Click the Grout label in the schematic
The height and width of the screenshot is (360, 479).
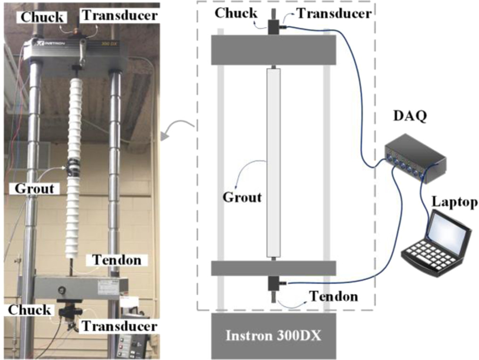[242, 196]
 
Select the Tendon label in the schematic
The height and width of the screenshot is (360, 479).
[333, 297]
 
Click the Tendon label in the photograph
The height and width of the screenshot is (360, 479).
[117, 260]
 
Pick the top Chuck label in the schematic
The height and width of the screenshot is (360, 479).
[236, 13]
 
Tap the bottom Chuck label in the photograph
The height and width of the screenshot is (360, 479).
[29, 309]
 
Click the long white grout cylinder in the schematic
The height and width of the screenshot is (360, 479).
[273, 160]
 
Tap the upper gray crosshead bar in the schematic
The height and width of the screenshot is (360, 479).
[273, 50]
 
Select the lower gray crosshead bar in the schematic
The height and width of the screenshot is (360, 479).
[273, 268]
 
